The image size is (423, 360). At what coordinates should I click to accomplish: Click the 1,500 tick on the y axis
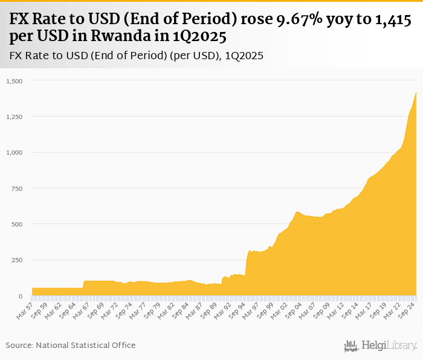[x=13, y=81]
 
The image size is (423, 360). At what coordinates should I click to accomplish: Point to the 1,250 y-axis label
[x=13, y=117]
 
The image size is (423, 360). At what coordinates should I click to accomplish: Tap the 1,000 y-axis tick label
[x=13, y=153]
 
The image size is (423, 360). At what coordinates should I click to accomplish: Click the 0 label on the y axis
[x=20, y=296]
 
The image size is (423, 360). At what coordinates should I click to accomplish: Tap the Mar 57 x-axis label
[x=25, y=310]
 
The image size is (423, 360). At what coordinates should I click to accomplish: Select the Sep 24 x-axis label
[x=407, y=310]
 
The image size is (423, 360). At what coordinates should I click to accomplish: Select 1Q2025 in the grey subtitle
[x=244, y=56]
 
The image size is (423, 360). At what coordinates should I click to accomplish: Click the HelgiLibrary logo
[x=380, y=346]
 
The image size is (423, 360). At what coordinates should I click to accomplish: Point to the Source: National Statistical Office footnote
[x=71, y=345]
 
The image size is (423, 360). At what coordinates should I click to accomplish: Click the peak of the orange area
[x=416, y=93]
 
